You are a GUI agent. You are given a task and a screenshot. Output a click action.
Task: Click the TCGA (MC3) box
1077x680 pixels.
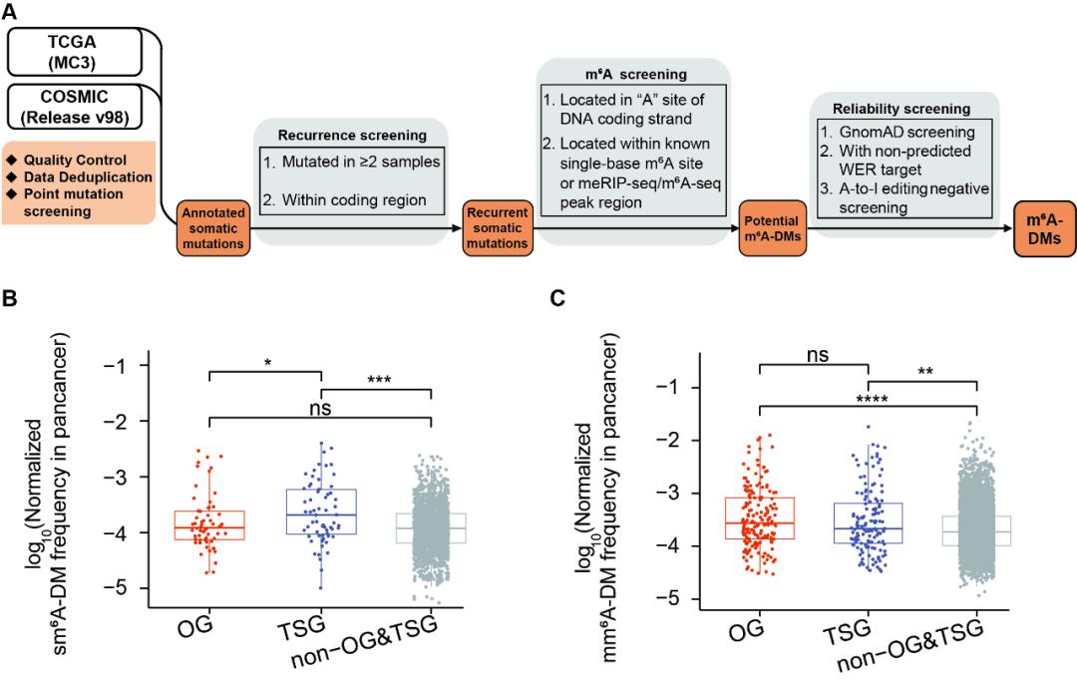77,49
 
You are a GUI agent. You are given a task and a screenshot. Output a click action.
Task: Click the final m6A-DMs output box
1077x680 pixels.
1039,226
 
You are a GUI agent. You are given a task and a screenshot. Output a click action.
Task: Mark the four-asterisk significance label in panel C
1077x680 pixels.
869,400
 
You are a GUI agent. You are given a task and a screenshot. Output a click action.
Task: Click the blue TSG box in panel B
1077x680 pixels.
321,511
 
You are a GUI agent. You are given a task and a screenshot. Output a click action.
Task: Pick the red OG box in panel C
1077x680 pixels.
759,517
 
